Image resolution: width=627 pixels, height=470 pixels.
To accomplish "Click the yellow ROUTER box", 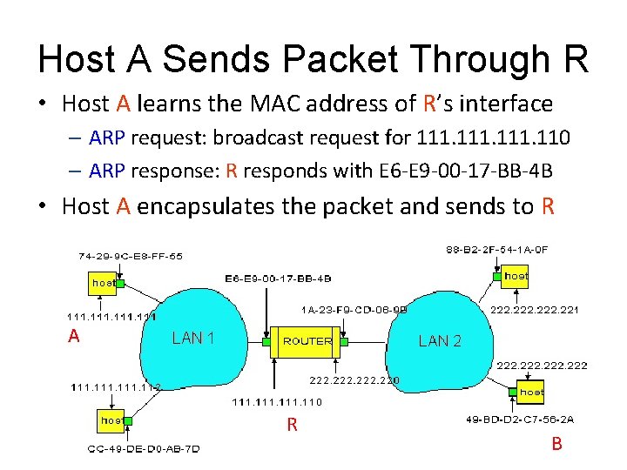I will click(307, 341).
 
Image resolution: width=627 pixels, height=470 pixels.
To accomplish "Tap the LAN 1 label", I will click(192, 338).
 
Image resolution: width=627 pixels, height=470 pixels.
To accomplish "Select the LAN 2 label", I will click(440, 341).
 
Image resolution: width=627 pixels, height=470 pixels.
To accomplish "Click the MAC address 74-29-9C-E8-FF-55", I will click(131, 257).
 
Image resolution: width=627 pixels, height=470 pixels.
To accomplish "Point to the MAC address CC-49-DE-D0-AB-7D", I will click(144, 449).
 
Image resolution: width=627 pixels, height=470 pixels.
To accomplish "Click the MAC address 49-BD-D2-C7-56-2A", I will click(519, 420).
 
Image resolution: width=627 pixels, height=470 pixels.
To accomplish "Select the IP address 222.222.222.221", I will click(535, 310).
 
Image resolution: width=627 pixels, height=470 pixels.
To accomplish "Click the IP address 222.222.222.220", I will click(354, 380).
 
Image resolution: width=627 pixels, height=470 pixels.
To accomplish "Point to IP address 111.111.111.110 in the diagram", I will click(276, 402).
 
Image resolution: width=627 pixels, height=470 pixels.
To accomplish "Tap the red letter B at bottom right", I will click(556, 445).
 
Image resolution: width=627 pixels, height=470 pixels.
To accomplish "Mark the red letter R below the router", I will click(293, 426).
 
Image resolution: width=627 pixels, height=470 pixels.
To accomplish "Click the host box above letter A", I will click(104, 283).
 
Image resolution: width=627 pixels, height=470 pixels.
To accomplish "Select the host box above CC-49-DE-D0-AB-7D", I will click(111, 420).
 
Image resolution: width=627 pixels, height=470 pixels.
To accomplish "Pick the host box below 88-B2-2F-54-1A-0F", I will click(516, 276).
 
